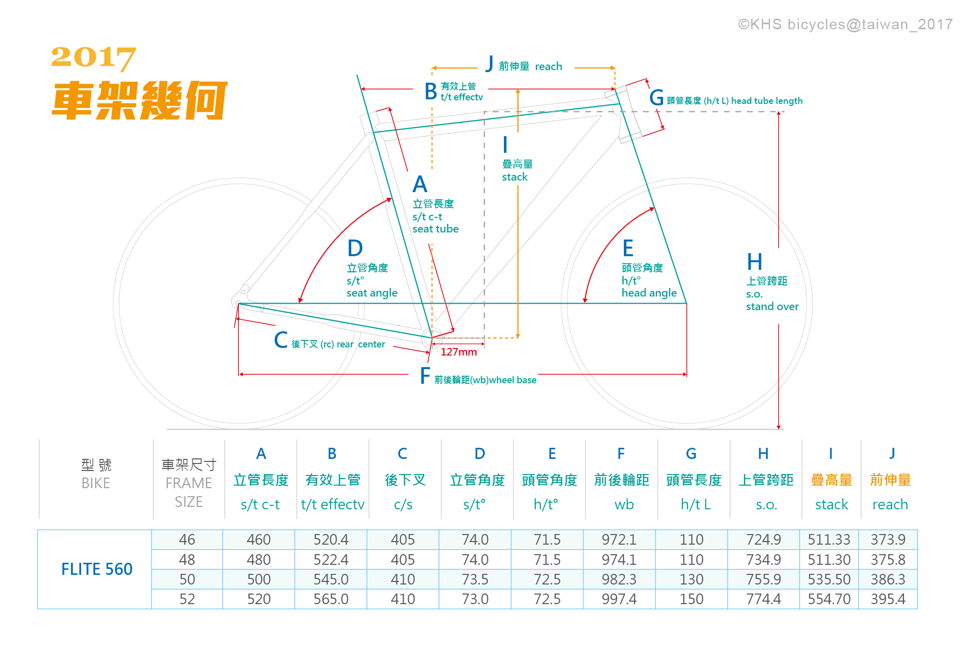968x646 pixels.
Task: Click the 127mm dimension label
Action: [x=459, y=352]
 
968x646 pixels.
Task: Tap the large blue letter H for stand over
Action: [x=754, y=262]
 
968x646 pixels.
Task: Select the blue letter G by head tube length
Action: [x=656, y=98]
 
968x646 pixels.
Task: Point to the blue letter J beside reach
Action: [x=489, y=65]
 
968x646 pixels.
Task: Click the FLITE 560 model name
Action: [x=97, y=569]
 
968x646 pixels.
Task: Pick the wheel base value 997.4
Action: [x=619, y=599]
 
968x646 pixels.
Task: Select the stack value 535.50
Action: [x=829, y=579]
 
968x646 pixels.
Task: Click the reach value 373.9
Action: [x=888, y=540]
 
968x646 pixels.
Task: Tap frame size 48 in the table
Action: [x=187, y=560]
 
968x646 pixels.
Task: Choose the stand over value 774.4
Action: [x=763, y=599]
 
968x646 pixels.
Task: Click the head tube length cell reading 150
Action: [x=691, y=599]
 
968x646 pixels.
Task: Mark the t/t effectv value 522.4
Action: [x=331, y=560]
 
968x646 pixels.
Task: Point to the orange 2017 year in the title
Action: [x=94, y=57]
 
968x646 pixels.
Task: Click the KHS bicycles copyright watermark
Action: [x=845, y=24]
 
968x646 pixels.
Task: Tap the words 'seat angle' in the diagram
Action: [x=372, y=293]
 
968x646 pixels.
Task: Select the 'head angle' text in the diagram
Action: [x=649, y=293]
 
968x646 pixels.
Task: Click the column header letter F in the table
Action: [x=621, y=454]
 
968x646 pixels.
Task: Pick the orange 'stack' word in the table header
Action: [x=831, y=504]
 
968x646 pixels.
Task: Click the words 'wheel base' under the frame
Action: [x=512, y=380]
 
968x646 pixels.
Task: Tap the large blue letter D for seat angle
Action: [x=355, y=249]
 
